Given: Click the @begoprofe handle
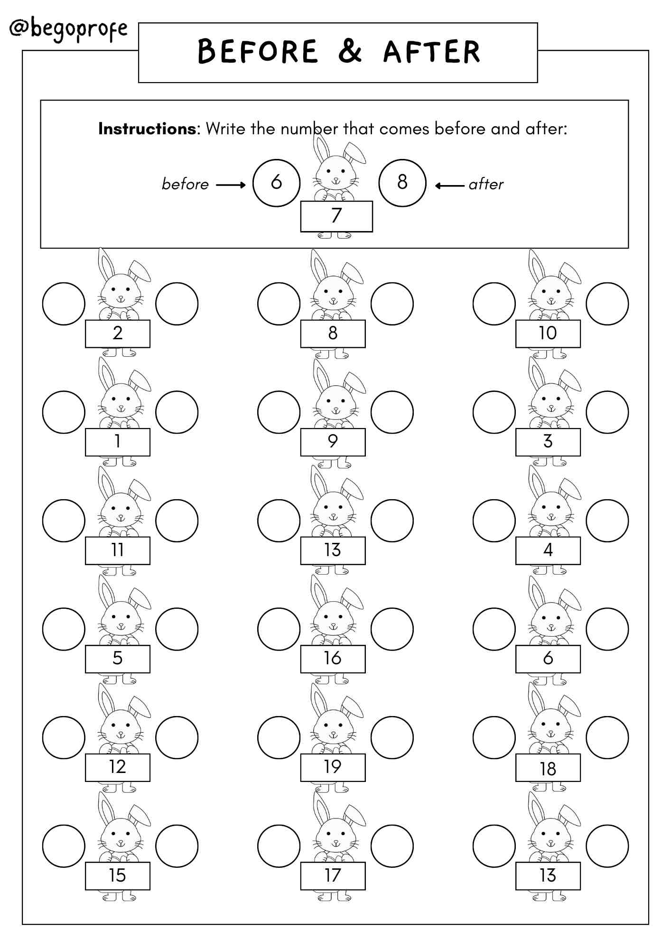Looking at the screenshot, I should coord(69,29).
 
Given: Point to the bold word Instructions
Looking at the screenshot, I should coord(147,129).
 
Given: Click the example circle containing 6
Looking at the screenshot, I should coord(276,183).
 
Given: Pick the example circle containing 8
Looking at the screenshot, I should coord(402,183).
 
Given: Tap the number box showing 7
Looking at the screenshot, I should coord(336,216).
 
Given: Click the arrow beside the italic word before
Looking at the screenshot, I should coord(231,185).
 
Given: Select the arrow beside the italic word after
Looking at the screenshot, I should coord(449,186).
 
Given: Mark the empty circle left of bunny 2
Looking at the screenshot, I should coord(64,304).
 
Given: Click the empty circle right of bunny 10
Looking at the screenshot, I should coord(607,304).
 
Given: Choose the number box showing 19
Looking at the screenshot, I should coord(333,767).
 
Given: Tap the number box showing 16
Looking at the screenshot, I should coord(333,659).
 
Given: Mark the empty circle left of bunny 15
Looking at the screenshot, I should coord(64,846).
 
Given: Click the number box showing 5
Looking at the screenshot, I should coord(118,659).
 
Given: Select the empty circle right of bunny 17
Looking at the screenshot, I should coord(392,846).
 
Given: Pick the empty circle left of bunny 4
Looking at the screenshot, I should coord(494,521).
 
